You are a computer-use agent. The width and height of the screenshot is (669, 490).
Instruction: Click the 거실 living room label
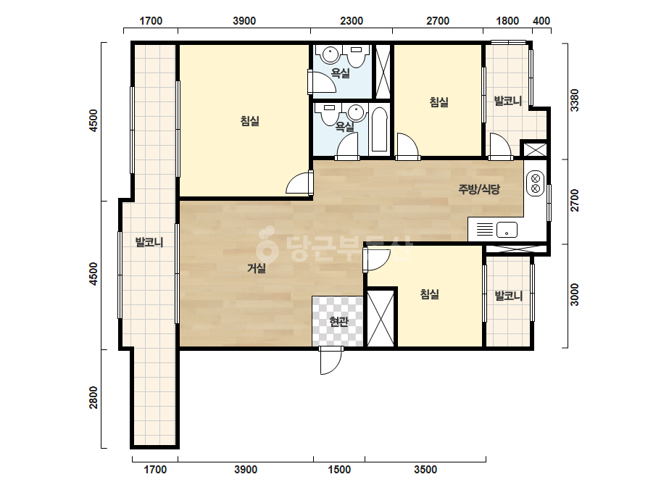tap(257, 268)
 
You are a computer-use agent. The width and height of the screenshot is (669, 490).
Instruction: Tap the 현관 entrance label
tap(338, 321)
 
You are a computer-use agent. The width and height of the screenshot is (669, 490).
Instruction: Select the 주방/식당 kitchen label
tap(479, 189)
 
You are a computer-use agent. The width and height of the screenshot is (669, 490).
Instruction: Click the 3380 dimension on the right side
tap(575, 100)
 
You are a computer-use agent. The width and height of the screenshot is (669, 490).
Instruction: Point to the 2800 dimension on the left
tap(94, 397)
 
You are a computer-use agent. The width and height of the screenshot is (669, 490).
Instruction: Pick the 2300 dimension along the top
tap(352, 21)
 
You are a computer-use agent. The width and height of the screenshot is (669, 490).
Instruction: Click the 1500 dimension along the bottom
tap(339, 470)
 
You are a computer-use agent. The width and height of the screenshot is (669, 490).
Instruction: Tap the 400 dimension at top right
tap(541, 21)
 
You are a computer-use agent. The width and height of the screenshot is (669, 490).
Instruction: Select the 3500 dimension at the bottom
tap(425, 470)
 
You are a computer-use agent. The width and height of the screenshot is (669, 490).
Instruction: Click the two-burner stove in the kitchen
tap(536, 183)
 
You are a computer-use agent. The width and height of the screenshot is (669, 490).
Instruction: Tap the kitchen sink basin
tap(507, 230)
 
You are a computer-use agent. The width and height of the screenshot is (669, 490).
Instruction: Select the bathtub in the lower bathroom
tap(379, 130)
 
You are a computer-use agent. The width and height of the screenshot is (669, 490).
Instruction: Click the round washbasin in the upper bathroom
tap(330, 54)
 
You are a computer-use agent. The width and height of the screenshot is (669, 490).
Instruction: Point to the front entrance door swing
tap(331, 361)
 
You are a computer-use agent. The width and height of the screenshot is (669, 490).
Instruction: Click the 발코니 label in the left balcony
tap(149, 242)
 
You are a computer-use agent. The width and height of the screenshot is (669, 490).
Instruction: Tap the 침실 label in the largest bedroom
tap(249, 121)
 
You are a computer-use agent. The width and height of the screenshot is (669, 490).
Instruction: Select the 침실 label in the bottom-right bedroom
tap(430, 294)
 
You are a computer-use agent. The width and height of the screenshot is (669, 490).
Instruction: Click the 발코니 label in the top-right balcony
tap(507, 101)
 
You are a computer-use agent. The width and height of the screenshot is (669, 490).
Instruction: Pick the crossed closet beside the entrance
tap(381, 318)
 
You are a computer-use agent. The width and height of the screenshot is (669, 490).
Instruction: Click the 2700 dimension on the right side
tap(575, 200)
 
